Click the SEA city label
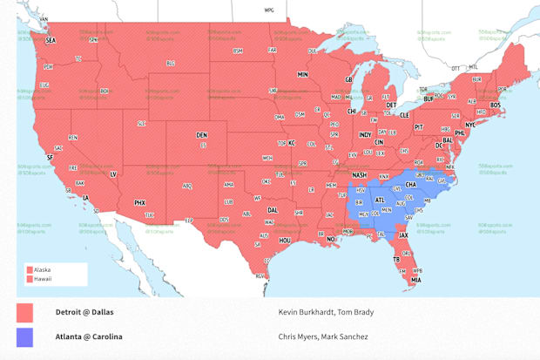pos(51,40)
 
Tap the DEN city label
pos(201,135)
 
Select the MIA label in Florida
pos(416,280)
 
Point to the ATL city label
pos(380,200)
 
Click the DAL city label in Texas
pos(273,210)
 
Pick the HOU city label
pos(285,239)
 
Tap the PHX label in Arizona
pos(139,202)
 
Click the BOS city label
pos(496,105)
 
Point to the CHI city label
pos(352,111)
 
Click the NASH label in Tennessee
pos(359,174)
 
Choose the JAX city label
pos(403,234)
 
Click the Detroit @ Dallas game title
pos(84,312)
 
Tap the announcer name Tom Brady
pos(354,312)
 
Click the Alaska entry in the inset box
pos(40,269)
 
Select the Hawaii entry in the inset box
pos(40,279)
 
